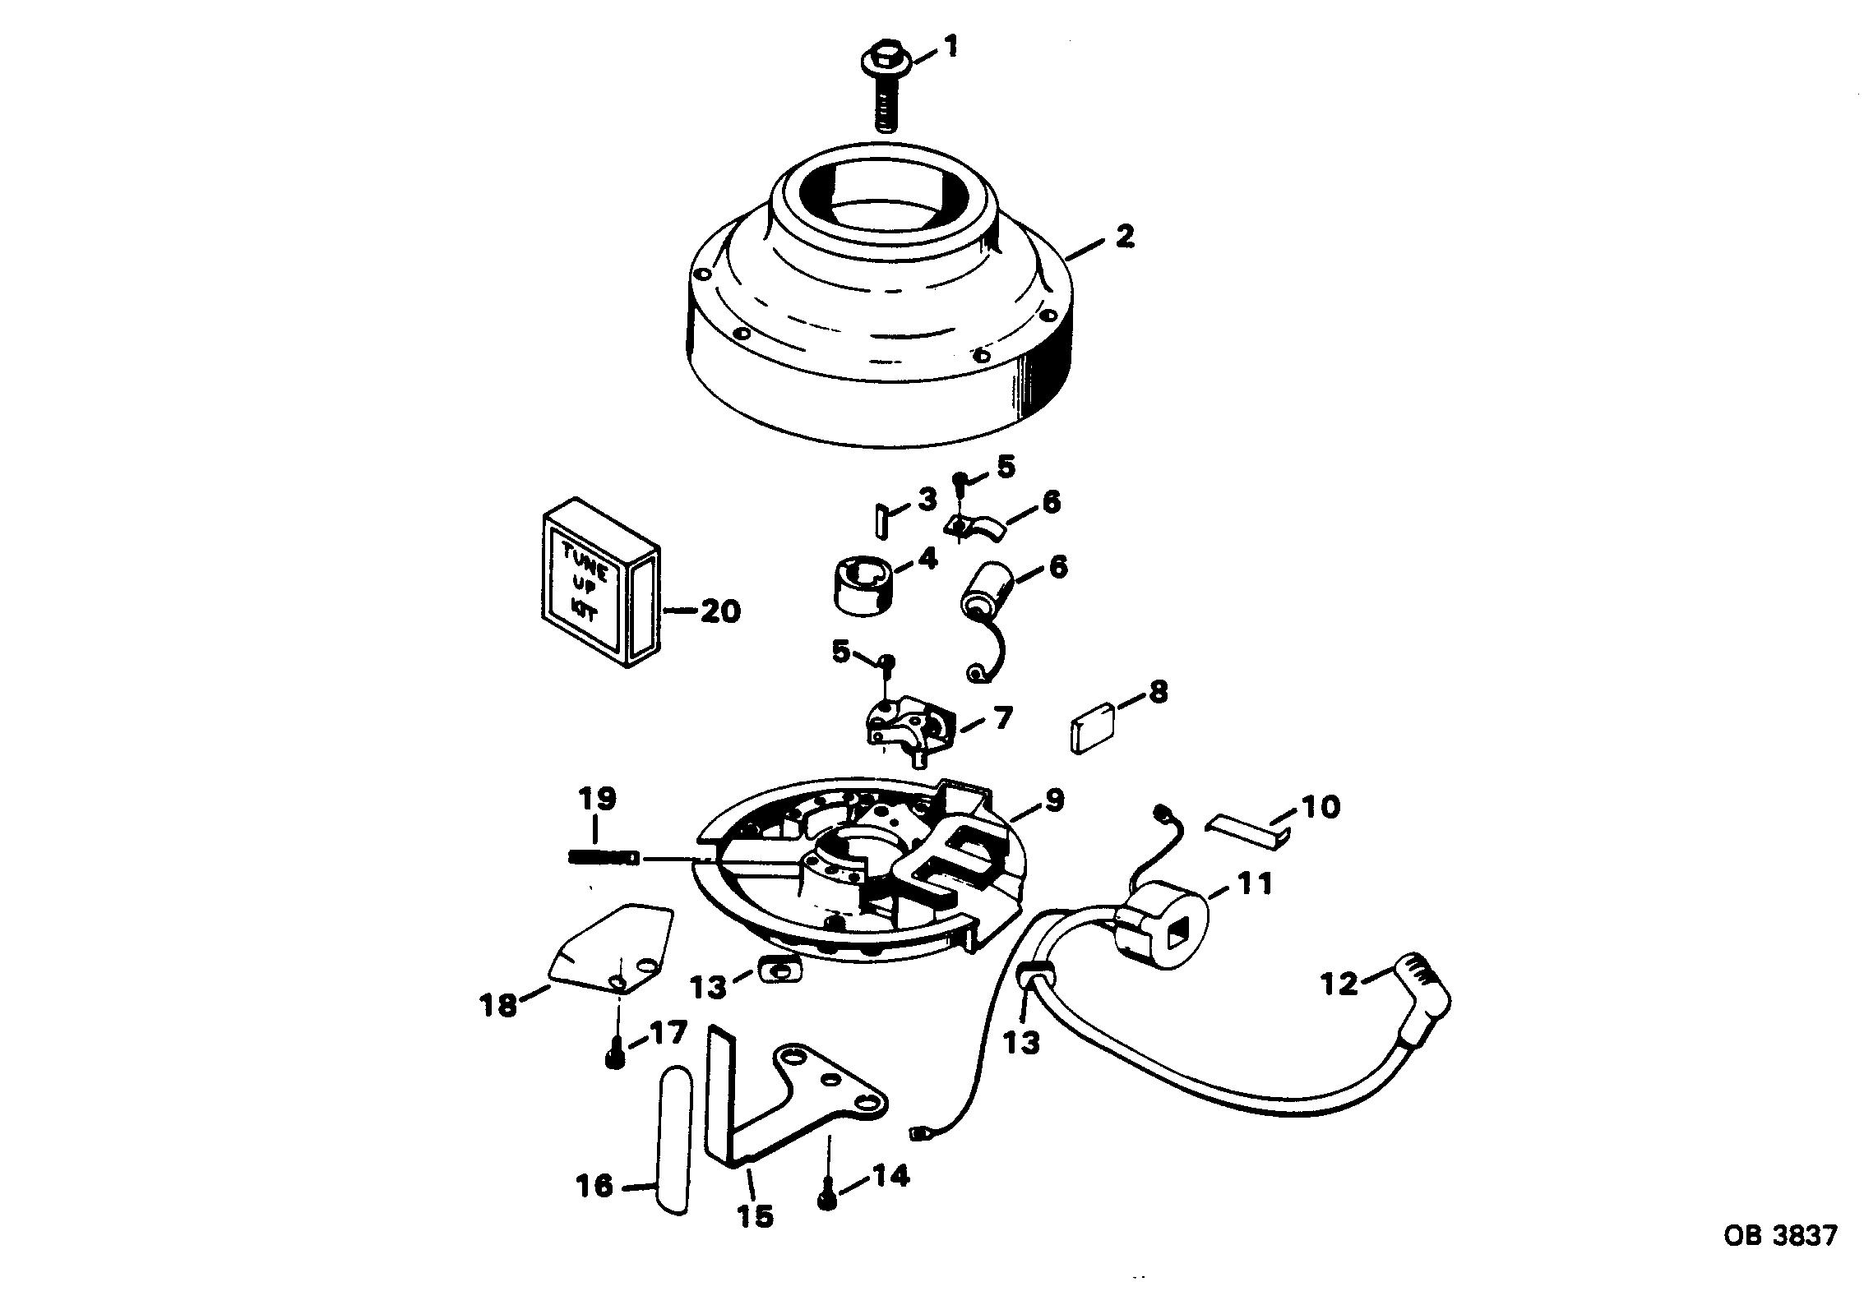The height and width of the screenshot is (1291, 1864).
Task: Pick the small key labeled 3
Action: tap(880, 520)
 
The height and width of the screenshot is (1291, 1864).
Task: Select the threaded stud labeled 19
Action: tap(604, 857)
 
